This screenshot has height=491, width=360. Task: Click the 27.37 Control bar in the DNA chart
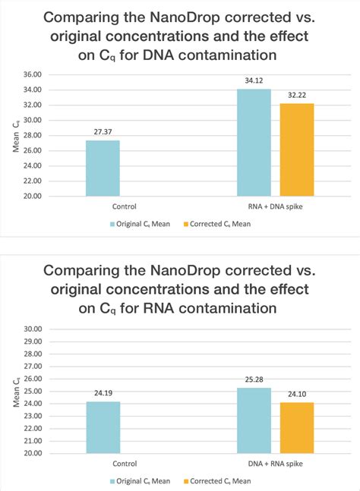click(x=103, y=168)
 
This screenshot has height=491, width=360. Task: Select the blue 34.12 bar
click(x=254, y=143)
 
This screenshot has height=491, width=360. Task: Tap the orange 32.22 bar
click(x=297, y=150)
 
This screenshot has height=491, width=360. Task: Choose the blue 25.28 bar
click(x=254, y=420)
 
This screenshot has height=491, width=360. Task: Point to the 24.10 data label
click(x=297, y=395)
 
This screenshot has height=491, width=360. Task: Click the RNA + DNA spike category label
click(x=275, y=205)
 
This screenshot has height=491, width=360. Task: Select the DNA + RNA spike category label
click(x=275, y=462)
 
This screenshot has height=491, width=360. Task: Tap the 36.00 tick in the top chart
click(x=32, y=74)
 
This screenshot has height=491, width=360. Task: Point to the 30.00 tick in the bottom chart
click(x=32, y=329)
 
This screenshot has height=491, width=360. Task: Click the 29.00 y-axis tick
click(x=32, y=341)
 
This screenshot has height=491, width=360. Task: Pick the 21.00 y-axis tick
click(x=32, y=441)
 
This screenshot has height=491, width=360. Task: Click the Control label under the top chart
click(x=103, y=205)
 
